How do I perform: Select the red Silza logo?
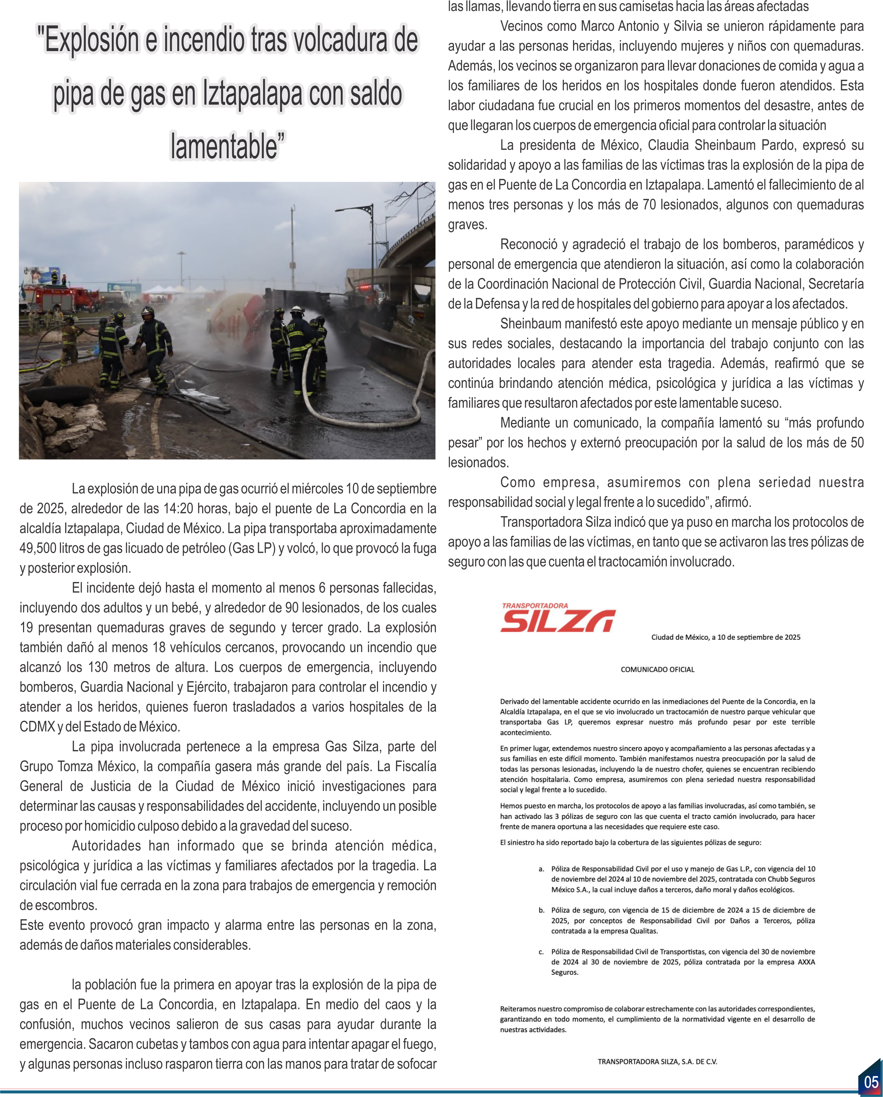pos(558,619)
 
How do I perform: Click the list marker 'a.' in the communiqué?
pos(542,869)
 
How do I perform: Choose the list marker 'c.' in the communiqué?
pos(542,952)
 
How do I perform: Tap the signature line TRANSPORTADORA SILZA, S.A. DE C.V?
pos(657,1062)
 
